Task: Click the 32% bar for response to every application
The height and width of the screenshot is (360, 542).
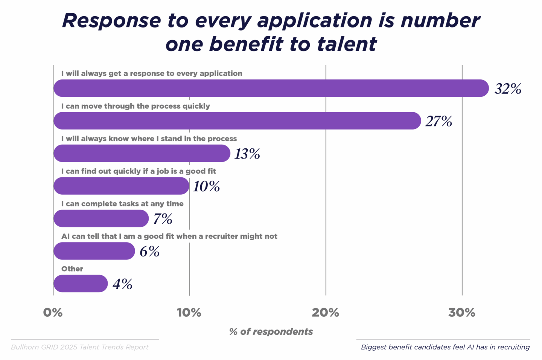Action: pyautogui.click(x=271, y=88)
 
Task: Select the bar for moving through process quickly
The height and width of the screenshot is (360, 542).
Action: pyautogui.click(x=237, y=121)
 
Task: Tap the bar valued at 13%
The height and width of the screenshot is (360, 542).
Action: pyautogui.click(x=142, y=153)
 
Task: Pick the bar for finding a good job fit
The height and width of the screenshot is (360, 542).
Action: pyautogui.click(x=121, y=186)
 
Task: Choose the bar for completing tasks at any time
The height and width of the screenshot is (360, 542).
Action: pyautogui.click(x=101, y=218)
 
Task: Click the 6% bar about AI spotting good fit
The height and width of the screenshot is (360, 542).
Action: pyautogui.click(x=94, y=251)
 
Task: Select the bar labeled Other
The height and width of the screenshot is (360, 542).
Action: pyautogui.click(x=81, y=284)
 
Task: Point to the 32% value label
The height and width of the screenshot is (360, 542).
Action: pyautogui.click(x=508, y=89)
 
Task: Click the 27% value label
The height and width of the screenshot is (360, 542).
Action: pyautogui.click(x=438, y=121)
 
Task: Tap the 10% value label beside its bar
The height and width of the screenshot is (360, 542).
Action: pyautogui.click(x=206, y=186)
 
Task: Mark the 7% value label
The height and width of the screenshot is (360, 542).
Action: pyautogui.click(x=163, y=219)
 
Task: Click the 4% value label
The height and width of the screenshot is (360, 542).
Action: pyautogui.click(x=122, y=284)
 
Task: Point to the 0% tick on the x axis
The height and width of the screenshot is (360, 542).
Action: pyautogui.click(x=53, y=313)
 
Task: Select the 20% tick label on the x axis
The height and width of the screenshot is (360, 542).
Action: pyautogui.click(x=326, y=313)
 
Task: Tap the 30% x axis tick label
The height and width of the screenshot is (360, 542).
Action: pyautogui.click(x=462, y=313)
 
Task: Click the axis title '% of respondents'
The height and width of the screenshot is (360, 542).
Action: pyautogui.click(x=271, y=332)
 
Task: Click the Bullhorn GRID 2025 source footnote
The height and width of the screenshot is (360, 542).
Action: pyautogui.click(x=80, y=347)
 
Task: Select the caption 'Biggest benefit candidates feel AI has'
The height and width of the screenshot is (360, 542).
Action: pyautogui.click(x=445, y=347)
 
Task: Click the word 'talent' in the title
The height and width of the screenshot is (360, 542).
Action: pyautogui.click(x=347, y=44)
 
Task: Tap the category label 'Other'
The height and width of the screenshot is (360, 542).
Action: pyautogui.click(x=72, y=269)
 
